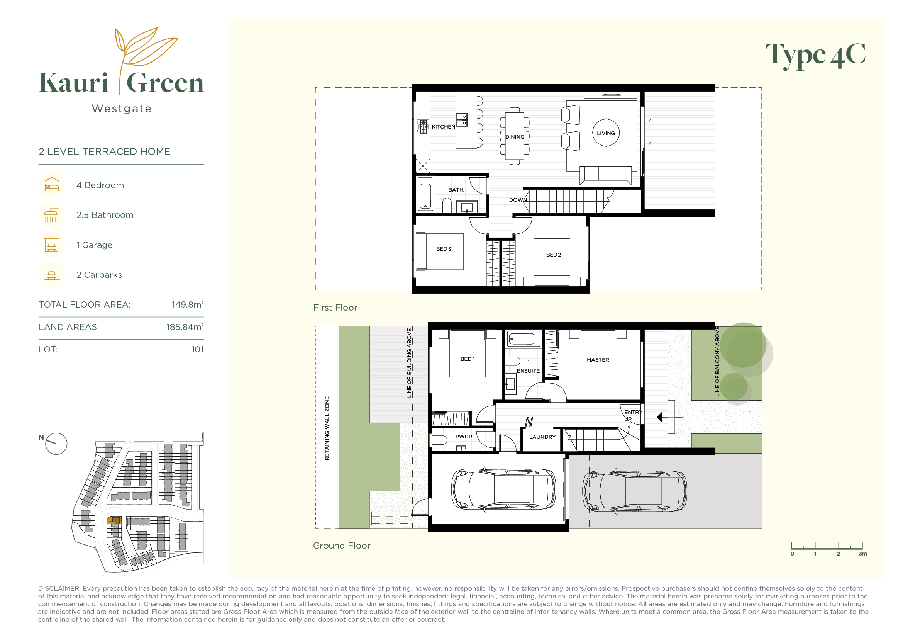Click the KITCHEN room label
point(443,127)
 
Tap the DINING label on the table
point(515,137)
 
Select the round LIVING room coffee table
point(606,133)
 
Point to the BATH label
point(456,190)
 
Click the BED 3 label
point(444,249)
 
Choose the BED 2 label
point(553,255)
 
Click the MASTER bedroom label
point(598,360)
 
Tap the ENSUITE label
point(528,371)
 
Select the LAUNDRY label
point(542,437)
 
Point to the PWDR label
point(464,436)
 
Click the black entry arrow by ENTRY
point(659,417)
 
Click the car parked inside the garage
point(504,490)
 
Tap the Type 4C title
point(815,56)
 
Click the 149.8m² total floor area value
point(188,304)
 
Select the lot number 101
point(197,349)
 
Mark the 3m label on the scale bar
point(863,554)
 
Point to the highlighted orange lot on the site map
point(114,520)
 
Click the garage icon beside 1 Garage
point(51,245)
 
